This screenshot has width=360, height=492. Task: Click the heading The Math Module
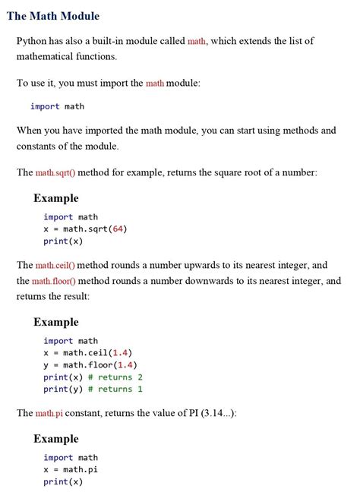coord(52,15)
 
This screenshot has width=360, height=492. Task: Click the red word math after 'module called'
coord(197,41)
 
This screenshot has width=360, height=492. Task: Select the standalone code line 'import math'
coord(57,106)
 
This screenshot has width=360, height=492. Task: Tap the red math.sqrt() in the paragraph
coord(55,172)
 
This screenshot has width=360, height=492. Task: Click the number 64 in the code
coord(118,229)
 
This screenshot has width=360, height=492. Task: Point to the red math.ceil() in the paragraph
coord(55,266)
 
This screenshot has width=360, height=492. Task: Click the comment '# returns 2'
coord(115,377)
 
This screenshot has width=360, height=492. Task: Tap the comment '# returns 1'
coord(115,389)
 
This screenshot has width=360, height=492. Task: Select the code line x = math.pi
coord(71,470)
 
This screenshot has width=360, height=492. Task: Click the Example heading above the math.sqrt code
coord(55,198)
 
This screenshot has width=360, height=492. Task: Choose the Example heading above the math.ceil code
coord(55,322)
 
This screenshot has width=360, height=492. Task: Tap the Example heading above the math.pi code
coord(55,439)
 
